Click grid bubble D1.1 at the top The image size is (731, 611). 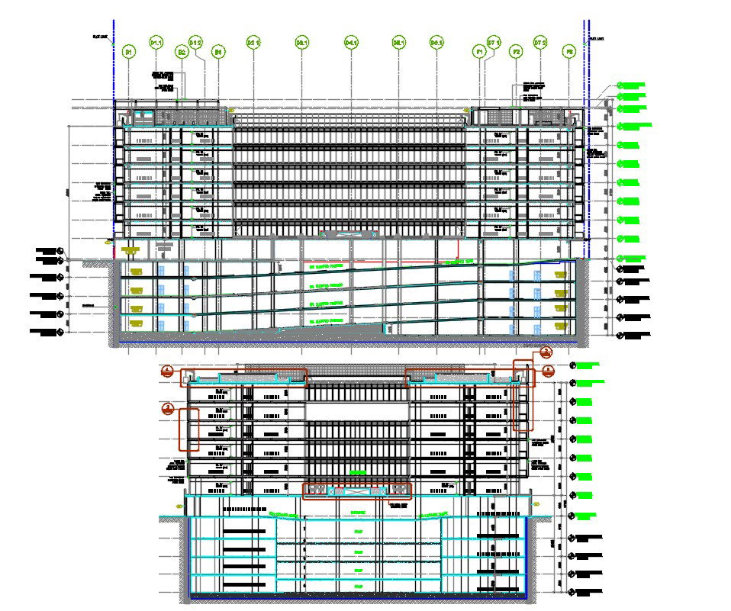coord(156,43)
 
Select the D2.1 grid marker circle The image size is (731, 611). coord(253,43)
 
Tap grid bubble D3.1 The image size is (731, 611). coord(301,43)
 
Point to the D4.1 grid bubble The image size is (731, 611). coord(351,43)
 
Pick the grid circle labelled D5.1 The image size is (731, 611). coord(398,43)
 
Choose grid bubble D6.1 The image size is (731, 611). coord(436,43)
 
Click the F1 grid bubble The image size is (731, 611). coord(480,52)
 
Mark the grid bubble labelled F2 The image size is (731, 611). coord(517,52)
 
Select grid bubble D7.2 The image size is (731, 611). coord(540,43)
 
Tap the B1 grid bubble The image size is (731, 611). coord(129,52)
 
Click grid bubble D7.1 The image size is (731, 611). coord(494,43)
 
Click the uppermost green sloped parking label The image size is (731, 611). coord(326,268)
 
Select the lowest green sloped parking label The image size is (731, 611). coord(326,322)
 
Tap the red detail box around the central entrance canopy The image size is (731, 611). coord(357,490)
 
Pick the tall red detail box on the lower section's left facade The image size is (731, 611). coord(188,429)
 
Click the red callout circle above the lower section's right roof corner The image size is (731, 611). coord(545,352)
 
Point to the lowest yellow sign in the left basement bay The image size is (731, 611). coord(137,324)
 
